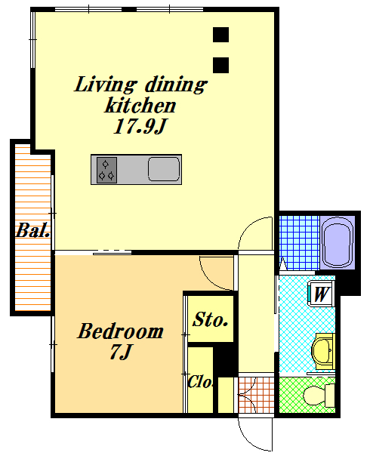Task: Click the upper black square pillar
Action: pyautogui.click(x=220, y=35)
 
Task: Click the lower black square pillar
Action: pyautogui.click(x=220, y=65)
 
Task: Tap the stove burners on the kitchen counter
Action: pyautogui.click(x=106, y=170)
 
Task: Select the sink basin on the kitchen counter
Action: pyautogui.click(x=164, y=169)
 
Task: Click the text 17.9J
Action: pyautogui.click(x=140, y=126)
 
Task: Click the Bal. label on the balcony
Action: pyautogui.click(x=32, y=230)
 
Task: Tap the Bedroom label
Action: pyautogui.click(x=120, y=331)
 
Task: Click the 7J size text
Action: pyautogui.click(x=120, y=352)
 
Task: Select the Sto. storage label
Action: pyautogui.click(x=211, y=319)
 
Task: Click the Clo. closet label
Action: pyautogui.click(x=200, y=381)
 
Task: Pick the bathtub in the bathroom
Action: pyautogui.click(x=337, y=242)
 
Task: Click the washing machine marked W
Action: pyautogui.click(x=321, y=294)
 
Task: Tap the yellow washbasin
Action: pyautogui.click(x=323, y=351)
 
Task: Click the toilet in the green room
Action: pyautogui.click(x=319, y=396)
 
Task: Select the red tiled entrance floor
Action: pyautogui.click(x=256, y=395)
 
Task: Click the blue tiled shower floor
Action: pyautogui.click(x=299, y=243)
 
